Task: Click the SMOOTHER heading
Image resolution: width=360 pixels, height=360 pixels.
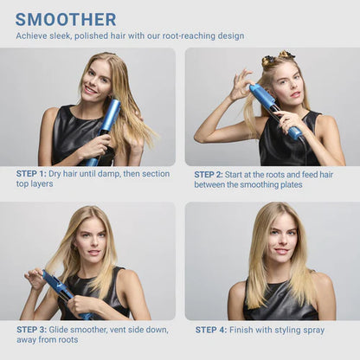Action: click(66, 19)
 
